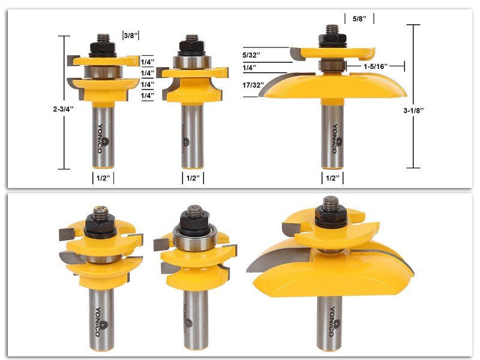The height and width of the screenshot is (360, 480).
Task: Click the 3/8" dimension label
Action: pos(131,35)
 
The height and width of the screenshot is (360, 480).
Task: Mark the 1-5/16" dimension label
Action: pos(379,65)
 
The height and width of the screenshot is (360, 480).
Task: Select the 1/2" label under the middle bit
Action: pos(191,178)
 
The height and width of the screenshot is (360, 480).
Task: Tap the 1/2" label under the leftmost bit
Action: pos(103,178)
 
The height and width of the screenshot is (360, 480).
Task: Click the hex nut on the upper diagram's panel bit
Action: pos(331,39)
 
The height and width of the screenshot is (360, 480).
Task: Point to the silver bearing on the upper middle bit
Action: pos(191,63)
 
